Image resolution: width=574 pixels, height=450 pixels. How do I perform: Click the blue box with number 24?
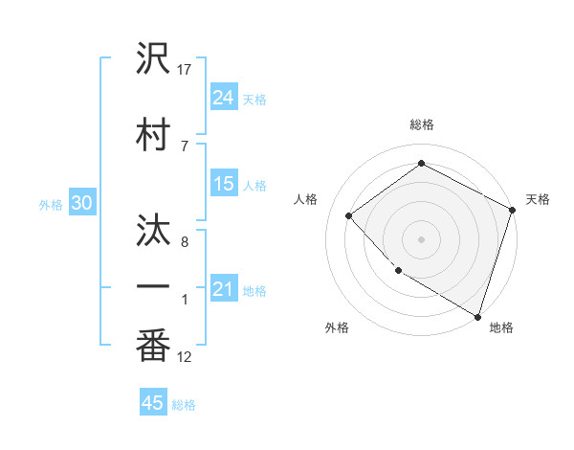tap(224, 98)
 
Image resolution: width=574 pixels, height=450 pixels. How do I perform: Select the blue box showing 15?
tap(224, 184)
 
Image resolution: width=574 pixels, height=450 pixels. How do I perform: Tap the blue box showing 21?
tap(224, 289)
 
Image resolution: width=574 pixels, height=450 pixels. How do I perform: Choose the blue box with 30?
tap(81, 203)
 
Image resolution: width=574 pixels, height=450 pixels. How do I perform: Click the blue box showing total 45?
tap(153, 403)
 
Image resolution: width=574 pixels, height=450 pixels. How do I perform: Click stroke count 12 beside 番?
tap(185, 357)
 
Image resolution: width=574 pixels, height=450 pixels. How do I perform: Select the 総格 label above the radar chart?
tap(422, 124)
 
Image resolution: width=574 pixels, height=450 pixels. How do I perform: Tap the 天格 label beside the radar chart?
tap(538, 199)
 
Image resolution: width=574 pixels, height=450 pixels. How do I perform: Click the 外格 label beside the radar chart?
tap(337, 327)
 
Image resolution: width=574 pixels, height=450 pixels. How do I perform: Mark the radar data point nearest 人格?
tap(349, 216)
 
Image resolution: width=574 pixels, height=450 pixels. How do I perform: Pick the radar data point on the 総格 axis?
tap(421, 165)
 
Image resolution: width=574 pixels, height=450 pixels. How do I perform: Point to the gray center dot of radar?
tap(421, 238)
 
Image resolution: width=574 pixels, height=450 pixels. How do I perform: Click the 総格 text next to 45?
tap(184, 405)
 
